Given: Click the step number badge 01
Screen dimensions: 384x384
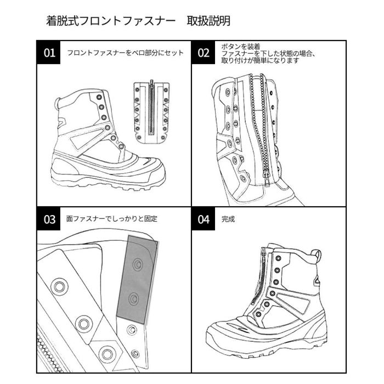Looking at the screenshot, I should tap(50, 53).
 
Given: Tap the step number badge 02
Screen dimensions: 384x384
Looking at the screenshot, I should tap(204, 53).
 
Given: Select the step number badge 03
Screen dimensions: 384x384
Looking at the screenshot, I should tap(50, 219).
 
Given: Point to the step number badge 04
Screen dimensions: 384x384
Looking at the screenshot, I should tap(204, 219).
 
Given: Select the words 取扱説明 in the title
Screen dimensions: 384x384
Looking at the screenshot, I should tap(208, 21).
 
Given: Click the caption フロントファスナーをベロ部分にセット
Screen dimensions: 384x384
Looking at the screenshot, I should tap(125, 53).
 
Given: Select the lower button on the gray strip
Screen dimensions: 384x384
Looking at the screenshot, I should tap(133, 298).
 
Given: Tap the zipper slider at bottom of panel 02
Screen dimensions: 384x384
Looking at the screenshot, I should tap(264, 176).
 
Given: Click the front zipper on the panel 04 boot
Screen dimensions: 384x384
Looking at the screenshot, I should tap(263, 280).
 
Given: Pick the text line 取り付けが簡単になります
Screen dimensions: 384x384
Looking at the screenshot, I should tap(259, 61).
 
